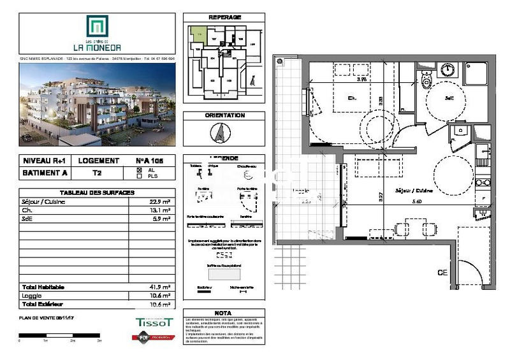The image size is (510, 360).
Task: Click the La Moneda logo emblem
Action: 98,27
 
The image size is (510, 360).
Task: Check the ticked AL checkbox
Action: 140,170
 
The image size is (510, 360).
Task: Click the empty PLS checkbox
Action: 140,176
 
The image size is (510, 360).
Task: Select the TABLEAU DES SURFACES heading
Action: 97,193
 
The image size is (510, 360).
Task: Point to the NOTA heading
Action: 223,313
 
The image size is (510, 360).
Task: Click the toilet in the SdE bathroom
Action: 426,80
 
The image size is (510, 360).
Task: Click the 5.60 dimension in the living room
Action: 418,201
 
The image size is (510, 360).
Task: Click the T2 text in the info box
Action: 97,173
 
